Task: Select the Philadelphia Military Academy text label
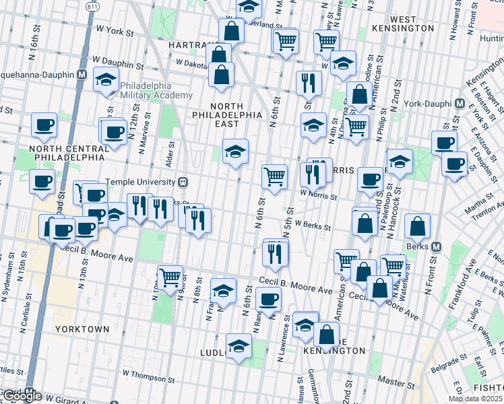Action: (146, 91)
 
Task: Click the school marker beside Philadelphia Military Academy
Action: (106, 80)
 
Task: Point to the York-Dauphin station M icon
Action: (461, 104)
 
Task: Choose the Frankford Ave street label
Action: (458, 290)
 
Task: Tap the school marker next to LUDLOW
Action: (239, 346)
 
